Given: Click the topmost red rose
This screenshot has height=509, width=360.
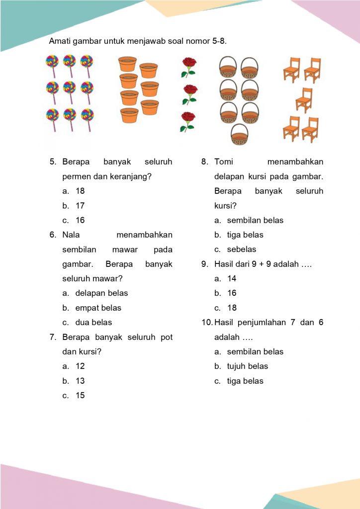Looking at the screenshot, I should click(x=188, y=67).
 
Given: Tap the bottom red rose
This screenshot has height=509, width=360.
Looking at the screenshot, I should click(x=187, y=121).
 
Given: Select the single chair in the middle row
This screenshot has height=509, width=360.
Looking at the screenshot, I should click(x=304, y=100).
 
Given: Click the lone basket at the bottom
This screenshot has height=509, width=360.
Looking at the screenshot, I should click(x=239, y=134).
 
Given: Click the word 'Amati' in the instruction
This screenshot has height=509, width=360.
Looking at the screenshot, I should click(x=60, y=41).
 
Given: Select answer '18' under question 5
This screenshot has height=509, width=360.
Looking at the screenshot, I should click(x=80, y=191).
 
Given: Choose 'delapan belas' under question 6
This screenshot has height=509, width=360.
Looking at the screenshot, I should click(x=101, y=293).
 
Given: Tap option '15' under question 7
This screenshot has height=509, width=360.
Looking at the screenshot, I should click(x=80, y=396).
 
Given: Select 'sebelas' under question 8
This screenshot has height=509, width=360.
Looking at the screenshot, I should click(x=242, y=250).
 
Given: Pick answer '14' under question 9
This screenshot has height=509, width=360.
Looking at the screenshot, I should click(x=232, y=279).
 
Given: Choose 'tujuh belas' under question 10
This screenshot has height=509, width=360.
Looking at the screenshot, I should click(x=247, y=366).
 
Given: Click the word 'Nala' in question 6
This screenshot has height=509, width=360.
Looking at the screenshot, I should click(x=72, y=235).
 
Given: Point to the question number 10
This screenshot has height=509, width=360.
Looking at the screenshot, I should click(x=207, y=323).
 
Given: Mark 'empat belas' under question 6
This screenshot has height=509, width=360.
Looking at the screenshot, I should click(x=98, y=308).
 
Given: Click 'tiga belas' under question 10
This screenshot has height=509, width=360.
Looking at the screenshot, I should click(x=245, y=381).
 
